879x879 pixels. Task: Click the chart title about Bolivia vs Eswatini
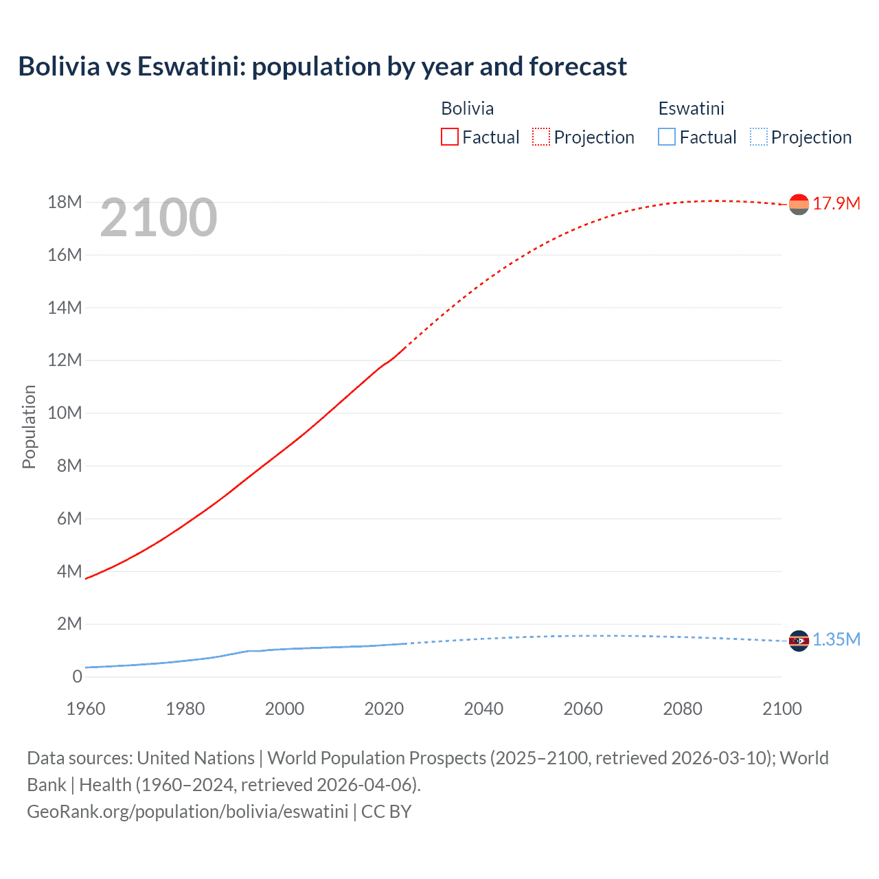322,67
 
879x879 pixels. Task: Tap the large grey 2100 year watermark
159,218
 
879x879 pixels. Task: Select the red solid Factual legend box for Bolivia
449,137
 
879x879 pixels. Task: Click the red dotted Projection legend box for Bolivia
541,137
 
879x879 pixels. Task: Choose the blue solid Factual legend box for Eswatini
667,137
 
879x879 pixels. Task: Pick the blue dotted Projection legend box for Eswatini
758,137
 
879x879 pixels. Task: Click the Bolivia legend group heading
467,109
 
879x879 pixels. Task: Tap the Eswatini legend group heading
691,109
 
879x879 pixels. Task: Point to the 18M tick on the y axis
65,202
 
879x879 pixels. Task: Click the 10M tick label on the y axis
65,413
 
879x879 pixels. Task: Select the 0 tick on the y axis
77,676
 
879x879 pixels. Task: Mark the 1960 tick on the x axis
86,709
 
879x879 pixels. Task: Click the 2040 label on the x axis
483,709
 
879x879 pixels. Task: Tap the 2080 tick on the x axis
683,709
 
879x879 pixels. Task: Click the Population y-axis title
29,426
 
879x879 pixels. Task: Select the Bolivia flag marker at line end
799,204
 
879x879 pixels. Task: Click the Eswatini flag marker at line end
799,641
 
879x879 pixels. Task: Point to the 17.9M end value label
836,203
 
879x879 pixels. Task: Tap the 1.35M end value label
836,640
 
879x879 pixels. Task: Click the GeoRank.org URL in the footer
187,811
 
